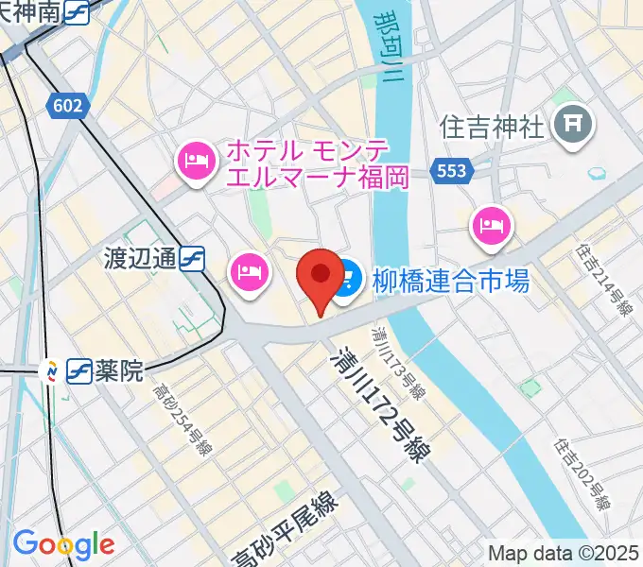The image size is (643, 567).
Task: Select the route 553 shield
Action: coord(452,170)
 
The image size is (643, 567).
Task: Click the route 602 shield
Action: coord(68,106)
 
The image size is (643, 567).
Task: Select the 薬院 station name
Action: coord(119,370)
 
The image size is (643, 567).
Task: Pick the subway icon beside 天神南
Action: coord(79,12)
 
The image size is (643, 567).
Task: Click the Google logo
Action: coord(63,544)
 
